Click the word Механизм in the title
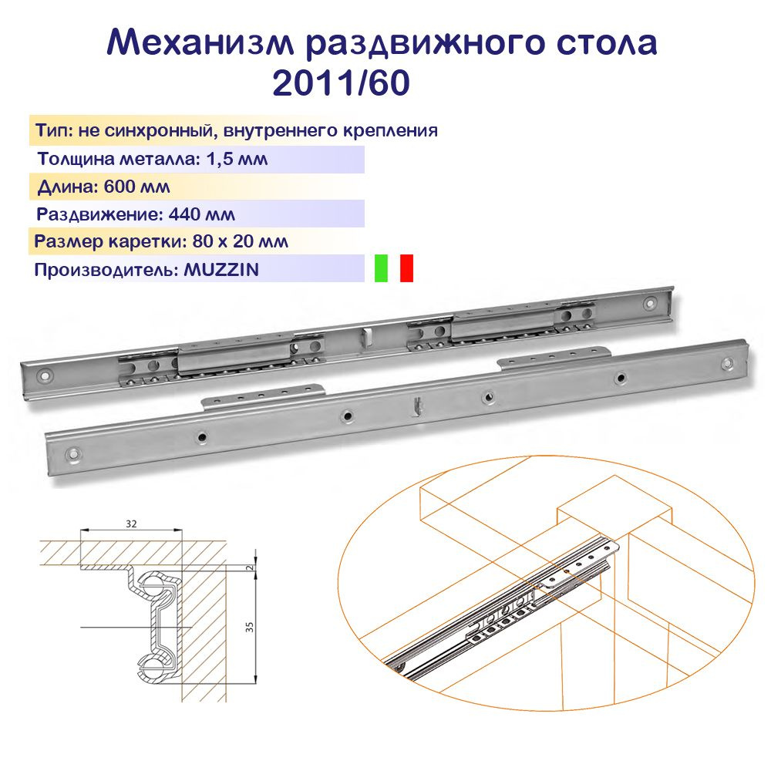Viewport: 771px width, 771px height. coord(200,42)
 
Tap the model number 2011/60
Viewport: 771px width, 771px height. coord(341,82)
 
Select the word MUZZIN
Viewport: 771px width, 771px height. coord(221,269)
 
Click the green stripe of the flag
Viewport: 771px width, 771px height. coord(381,268)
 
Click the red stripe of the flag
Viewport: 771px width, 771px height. coord(406,268)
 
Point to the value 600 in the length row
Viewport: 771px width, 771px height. coord(119,187)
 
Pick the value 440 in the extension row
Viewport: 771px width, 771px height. coord(183,214)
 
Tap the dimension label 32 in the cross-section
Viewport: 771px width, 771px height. coord(131,524)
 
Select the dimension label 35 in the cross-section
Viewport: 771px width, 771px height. coord(250,626)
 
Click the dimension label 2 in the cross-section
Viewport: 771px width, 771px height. coord(250,567)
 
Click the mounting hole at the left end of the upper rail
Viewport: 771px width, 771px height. coord(44,376)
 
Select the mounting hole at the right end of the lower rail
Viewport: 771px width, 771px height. coord(728,365)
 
